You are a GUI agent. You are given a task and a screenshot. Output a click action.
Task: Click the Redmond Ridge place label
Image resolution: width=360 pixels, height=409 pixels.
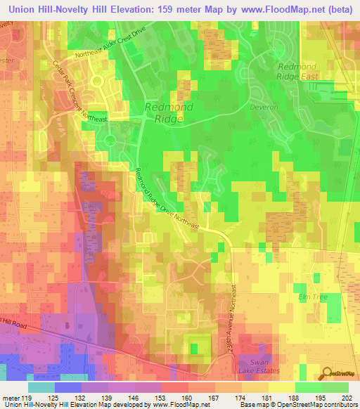click(164, 113)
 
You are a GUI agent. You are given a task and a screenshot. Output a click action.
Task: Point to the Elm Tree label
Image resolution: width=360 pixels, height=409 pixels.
click(313, 297)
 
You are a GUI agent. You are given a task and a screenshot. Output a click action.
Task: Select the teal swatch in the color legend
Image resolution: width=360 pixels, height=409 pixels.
click(41, 387)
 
